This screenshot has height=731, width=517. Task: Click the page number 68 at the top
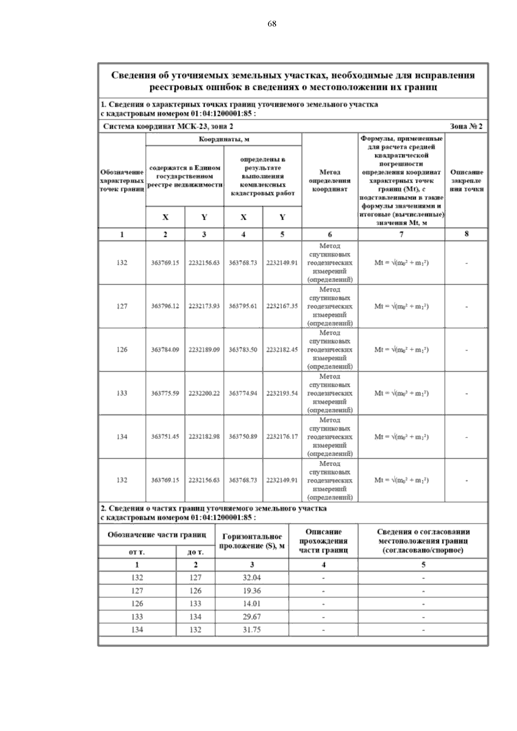[272, 24]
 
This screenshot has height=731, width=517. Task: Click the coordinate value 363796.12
[165, 306]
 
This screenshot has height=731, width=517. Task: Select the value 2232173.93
[204, 306]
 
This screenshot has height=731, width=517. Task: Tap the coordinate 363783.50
[243, 350]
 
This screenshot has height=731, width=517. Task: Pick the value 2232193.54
[282, 393]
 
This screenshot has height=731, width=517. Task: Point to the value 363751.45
[165, 437]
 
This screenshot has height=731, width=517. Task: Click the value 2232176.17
[282, 437]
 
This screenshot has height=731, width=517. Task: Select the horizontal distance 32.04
[252, 578]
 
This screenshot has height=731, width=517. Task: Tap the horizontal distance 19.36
[252, 591]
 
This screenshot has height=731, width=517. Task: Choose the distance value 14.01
[252, 603]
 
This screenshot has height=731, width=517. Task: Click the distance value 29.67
[252, 617]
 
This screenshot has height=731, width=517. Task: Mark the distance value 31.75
[252, 630]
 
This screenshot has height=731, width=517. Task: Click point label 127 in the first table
[122, 306]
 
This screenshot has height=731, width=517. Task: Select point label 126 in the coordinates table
[122, 350]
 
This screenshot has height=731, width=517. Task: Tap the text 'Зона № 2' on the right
[466, 127]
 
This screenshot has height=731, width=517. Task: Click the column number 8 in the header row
[467, 234]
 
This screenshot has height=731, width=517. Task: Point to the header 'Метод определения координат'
[330, 180]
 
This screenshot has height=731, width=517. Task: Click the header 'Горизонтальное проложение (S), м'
[252, 541]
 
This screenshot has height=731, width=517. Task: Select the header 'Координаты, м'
[224, 140]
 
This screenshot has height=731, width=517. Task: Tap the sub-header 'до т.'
[196, 552]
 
